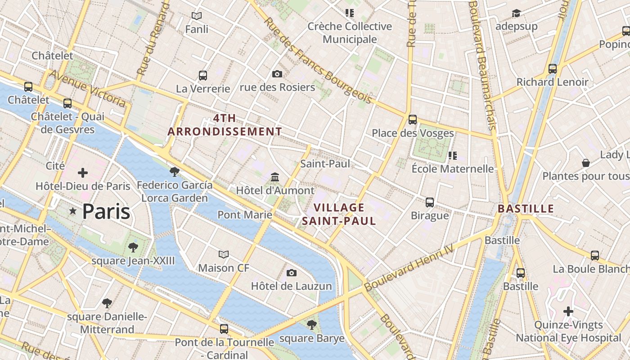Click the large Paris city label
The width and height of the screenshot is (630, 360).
pyautogui.click(x=106, y=211)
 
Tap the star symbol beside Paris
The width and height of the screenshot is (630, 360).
pyautogui.click(x=72, y=211)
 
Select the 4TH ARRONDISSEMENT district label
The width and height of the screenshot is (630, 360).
pyautogui.click(x=225, y=125)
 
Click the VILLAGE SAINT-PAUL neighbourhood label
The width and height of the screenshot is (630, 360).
pyautogui.click(x=339, y=214)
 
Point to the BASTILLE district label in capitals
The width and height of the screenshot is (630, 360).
pyautogui.click(x=526, y=209)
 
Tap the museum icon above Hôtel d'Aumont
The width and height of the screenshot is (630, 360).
pyautogui.click(x=275, y=177)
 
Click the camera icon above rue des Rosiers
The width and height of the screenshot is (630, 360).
pyautogui.click(x=277, y=74)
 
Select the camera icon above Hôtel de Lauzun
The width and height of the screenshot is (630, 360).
pyautogui.click(x=292, y=273)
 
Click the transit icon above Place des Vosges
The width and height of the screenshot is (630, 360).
pyautogui.click(x=413, y=120)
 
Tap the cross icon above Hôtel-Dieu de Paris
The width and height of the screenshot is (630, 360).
pyautogui.click(x=83, y=173)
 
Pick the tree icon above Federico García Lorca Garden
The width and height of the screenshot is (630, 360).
pyautogui.click(x=175, y=171)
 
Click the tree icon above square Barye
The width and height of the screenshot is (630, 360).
pyautogui.click(x=311, y=324)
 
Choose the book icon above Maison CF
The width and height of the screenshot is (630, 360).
pyautogui.click(x=224, y=254)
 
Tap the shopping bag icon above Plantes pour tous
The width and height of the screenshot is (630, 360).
pyautogui.click(x=586, y=162)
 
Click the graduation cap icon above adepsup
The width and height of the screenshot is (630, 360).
pyautogui.click(x=516, y=13)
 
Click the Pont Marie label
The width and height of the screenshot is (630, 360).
pyautogui.click(x=245, y=215)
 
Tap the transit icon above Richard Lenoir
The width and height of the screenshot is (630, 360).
pyautogui.click(x=553, y=69)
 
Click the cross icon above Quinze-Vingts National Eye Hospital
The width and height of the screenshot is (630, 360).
pyautogui.click(x=568, y=311)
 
